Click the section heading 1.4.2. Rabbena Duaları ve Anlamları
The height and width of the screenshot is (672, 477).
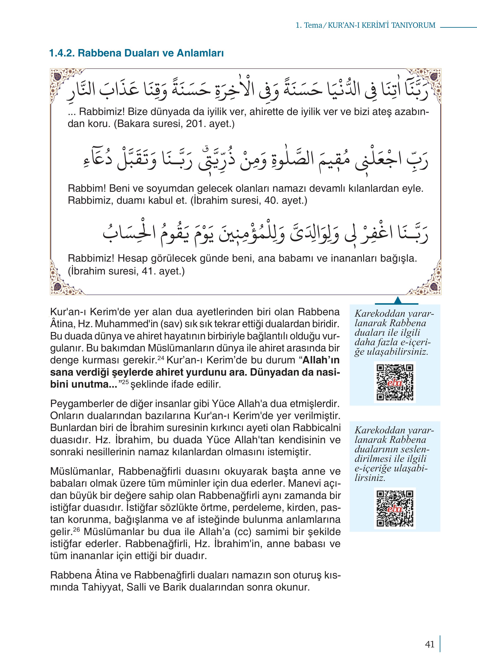[x=137, y=53]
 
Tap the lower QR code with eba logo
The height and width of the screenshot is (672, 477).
[x=395, y=509]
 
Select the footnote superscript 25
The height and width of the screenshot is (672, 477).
[x=125, y=382]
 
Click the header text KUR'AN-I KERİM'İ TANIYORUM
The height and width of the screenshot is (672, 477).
[x=381, y=25]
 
